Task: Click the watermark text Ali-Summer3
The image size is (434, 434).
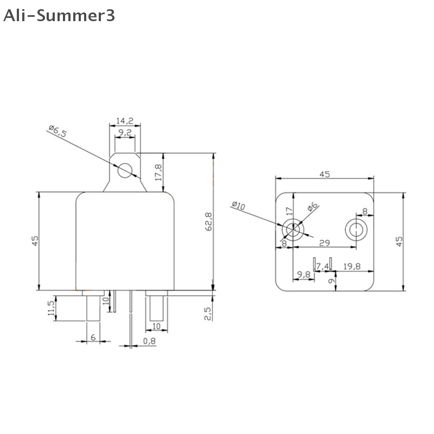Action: click(59, 16)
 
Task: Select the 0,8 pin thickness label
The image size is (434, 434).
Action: click(150, 341)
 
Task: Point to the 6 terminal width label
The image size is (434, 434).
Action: click(93, 337)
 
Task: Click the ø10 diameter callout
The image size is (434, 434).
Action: click(239, 207)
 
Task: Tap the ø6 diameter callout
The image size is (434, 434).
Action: click(313, 207)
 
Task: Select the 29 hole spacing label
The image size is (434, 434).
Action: click(324, 242)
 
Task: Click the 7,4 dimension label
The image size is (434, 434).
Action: click(323, 265)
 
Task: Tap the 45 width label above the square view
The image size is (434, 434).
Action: click(324, 174)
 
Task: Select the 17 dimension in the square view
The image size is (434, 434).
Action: click(289, 211)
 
